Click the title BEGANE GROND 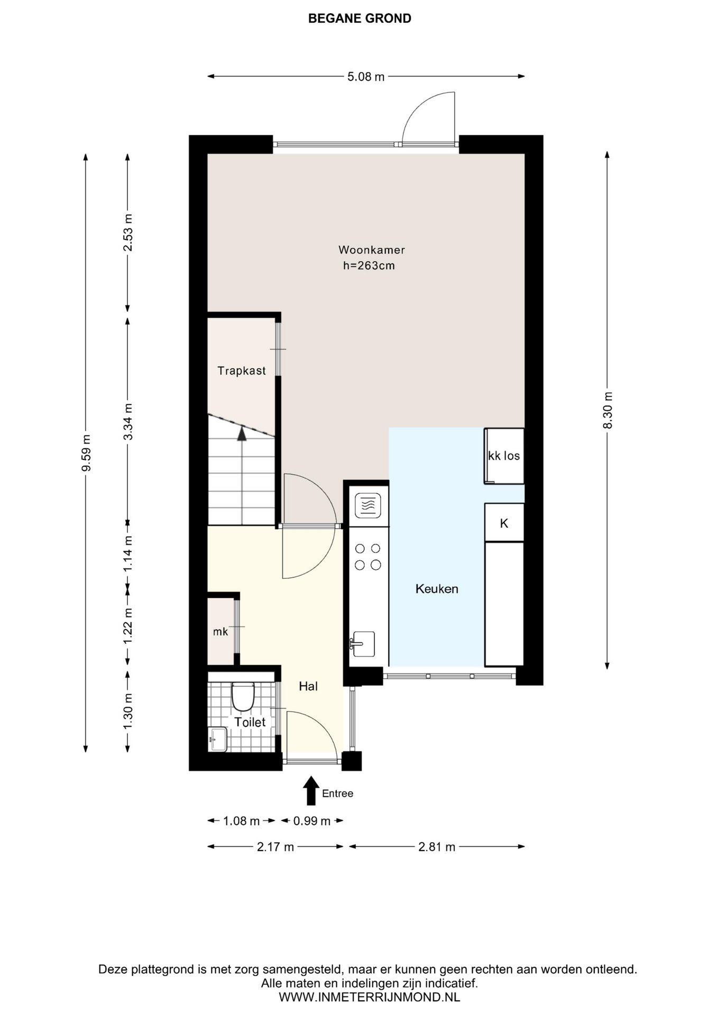(x=360, y=19)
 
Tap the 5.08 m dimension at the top (x=366, y=77)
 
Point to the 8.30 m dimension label (x=607, y=410)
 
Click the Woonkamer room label (x=372, y=250)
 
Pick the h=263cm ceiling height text (x=369, y=265)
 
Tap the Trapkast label (x=242, y=371)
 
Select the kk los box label (x=504, y=456)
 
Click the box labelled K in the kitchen (x=504, y=522)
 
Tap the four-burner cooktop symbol (x=367, y=557)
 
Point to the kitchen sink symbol (x=362, y=644)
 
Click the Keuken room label (x=437, y=588)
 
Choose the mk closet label (x=220, y=631)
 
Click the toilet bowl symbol (x=243, y=696)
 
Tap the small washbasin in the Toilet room (x=218, y=739)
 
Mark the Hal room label (x=308, y=686)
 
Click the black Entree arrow (x=311, y=790)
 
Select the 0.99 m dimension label (x=312, y=821)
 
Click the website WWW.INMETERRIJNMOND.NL (x=369, y=997)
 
